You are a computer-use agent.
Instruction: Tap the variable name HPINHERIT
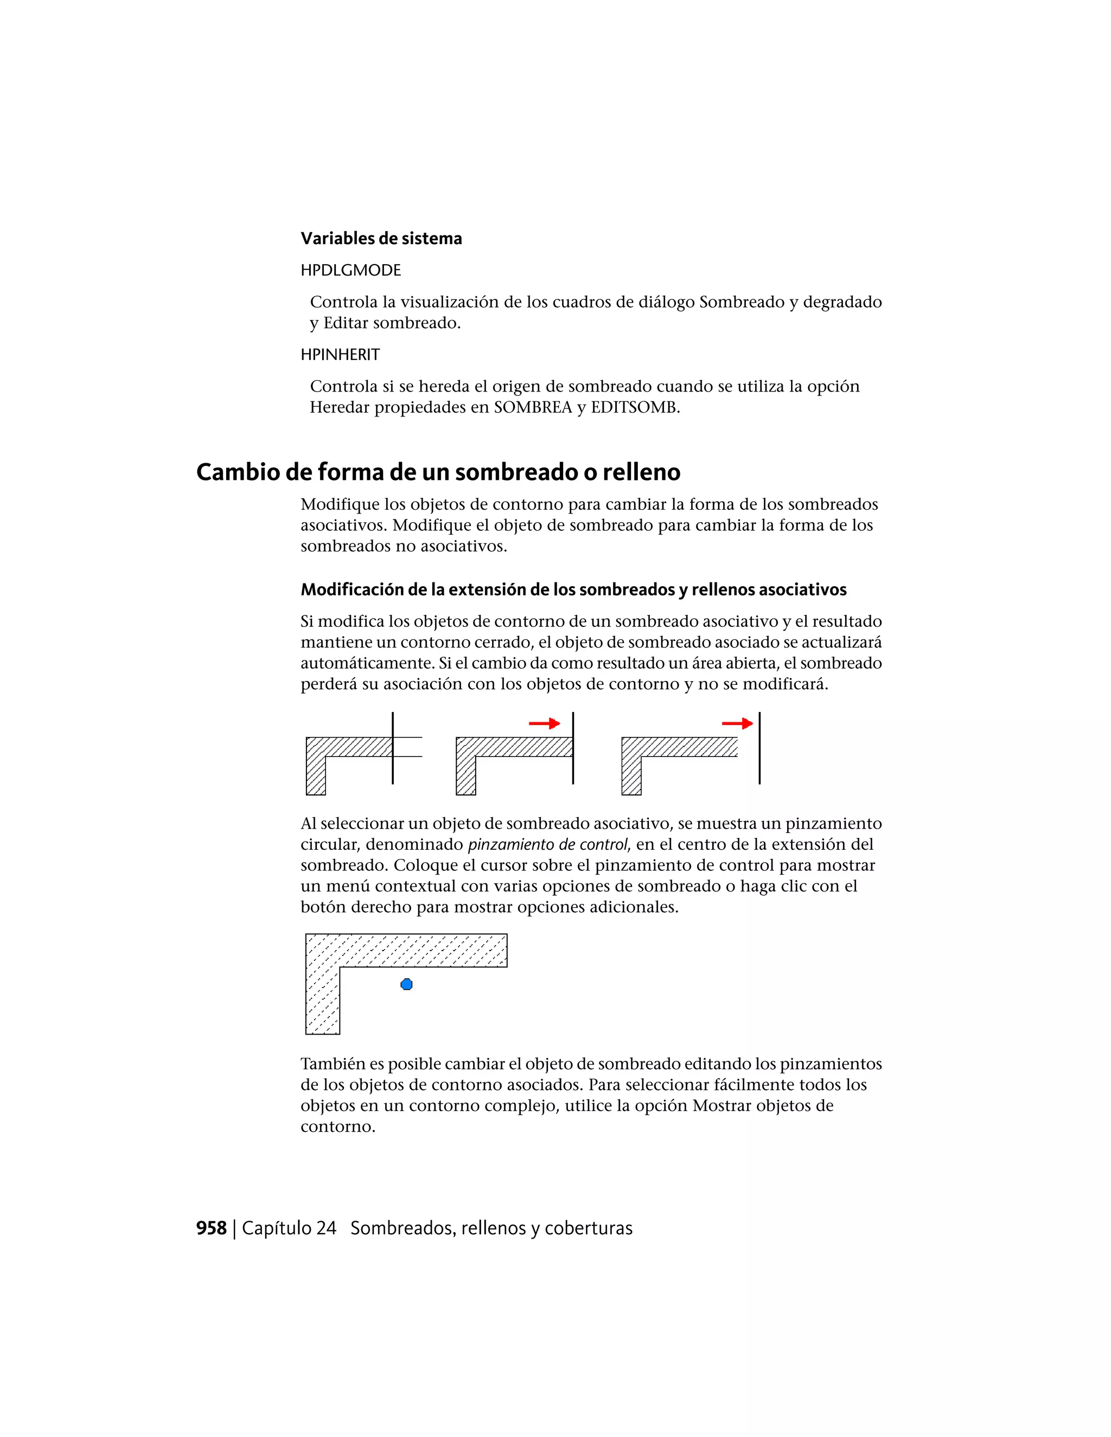click(x=340, y=355)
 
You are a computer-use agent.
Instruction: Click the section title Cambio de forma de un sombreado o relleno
click(x=438, y=472)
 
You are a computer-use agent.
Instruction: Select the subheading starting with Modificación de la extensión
click(x=573, y=589)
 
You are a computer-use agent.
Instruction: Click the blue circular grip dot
click(x=407, y=984)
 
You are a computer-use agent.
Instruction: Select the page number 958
click(x=211, y=1228)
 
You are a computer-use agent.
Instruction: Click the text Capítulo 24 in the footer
click(x=289, y=1228)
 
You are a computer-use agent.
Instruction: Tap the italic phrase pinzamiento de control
click(x=547, y=845)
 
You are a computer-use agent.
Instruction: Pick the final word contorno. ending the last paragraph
click(x=337, y=1126)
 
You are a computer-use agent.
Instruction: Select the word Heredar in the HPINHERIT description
click(x=340, y=407)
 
